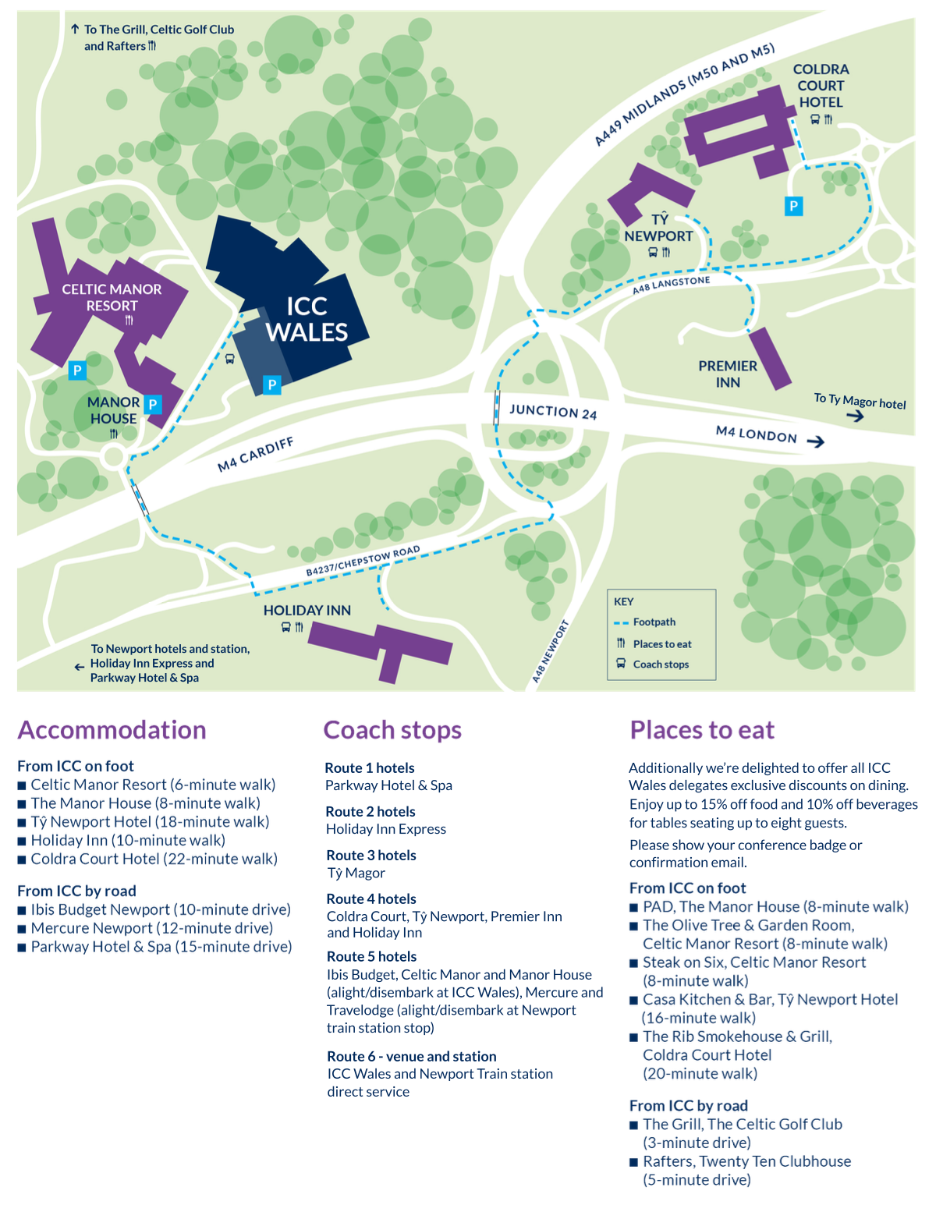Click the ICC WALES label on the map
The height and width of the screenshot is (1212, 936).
[307, 319]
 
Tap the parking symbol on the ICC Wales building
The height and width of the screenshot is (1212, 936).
[271, 385]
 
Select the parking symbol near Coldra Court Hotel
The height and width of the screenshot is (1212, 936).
[793, 206]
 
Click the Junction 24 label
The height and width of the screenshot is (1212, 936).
[553, 412]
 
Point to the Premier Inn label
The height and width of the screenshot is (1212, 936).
[728, 374]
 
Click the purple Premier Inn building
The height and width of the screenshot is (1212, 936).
[770, 358]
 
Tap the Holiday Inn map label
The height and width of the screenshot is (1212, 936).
[307, 610]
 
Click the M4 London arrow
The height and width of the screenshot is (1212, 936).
[815, 442]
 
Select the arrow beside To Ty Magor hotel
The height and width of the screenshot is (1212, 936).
[855, 416]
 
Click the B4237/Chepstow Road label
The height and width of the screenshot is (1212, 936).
[363, 562]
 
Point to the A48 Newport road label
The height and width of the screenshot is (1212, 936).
[550, 652]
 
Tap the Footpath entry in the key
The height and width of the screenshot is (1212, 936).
[654, 622]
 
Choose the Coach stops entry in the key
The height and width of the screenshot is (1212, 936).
[660, 664]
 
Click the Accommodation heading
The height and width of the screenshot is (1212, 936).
[112, 730]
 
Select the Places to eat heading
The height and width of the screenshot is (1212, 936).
[702, 730]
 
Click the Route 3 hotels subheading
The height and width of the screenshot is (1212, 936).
[371, 856]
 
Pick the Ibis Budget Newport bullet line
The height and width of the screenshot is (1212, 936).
[160, 909]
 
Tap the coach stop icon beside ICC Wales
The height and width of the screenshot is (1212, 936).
[229, 359]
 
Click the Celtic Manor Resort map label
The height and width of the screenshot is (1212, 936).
[112, 297]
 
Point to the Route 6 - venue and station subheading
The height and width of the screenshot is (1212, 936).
[412, 1056]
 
